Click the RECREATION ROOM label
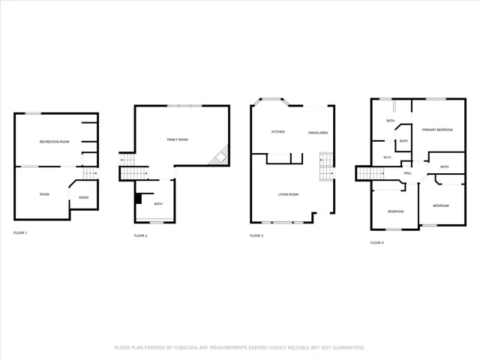(54, 141)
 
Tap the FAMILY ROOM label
(177, 139)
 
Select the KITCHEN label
(278, 132)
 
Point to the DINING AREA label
(318, 133)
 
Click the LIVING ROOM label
(288, 195)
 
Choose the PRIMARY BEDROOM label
(437, 130)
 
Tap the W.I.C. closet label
(388, 157)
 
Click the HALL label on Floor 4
(408, 173)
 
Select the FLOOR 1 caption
(20, 233)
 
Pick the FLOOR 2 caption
(140, 236)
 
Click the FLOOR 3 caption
(256, 235)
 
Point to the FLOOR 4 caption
(377, 243)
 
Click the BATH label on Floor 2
(158, 204)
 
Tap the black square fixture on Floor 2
(139, 199)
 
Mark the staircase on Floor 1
(90, 173)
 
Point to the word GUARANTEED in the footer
(347, 348)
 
